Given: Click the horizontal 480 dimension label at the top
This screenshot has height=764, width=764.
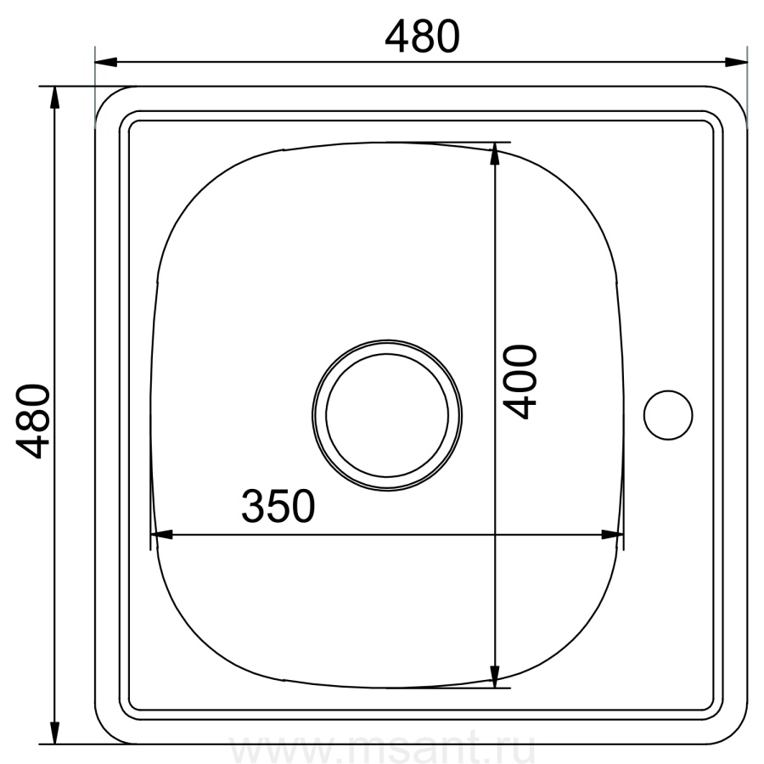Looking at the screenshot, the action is click(x=422, y=37).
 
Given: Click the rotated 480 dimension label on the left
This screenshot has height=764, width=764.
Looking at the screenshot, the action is click(x=33, y=421).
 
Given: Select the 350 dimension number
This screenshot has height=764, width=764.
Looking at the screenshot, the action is click(x=278, y=506).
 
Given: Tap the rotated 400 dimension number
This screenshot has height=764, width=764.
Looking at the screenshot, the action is click(x=520, y=381).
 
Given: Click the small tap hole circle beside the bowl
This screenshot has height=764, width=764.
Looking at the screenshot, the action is click(x=668, y=415).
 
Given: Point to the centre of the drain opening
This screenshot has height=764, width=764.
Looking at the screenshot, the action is click(x=387, y=415).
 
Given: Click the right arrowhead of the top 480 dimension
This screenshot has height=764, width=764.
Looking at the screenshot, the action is click(x=736, y=62).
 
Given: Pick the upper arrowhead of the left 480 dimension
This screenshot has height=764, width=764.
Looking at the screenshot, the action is click(x=54, y=98).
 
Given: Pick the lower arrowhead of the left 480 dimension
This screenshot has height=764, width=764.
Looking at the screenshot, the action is click(x=54, y=733).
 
